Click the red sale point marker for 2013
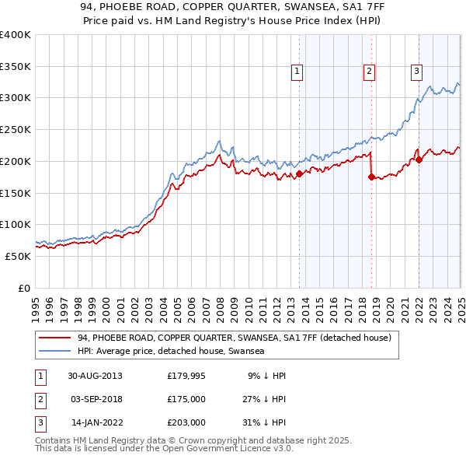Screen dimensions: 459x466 (300, 173)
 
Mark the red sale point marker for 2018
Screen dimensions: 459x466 (371, 177)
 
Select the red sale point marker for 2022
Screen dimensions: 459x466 (419, 159)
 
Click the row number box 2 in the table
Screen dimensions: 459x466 (39, 400)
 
